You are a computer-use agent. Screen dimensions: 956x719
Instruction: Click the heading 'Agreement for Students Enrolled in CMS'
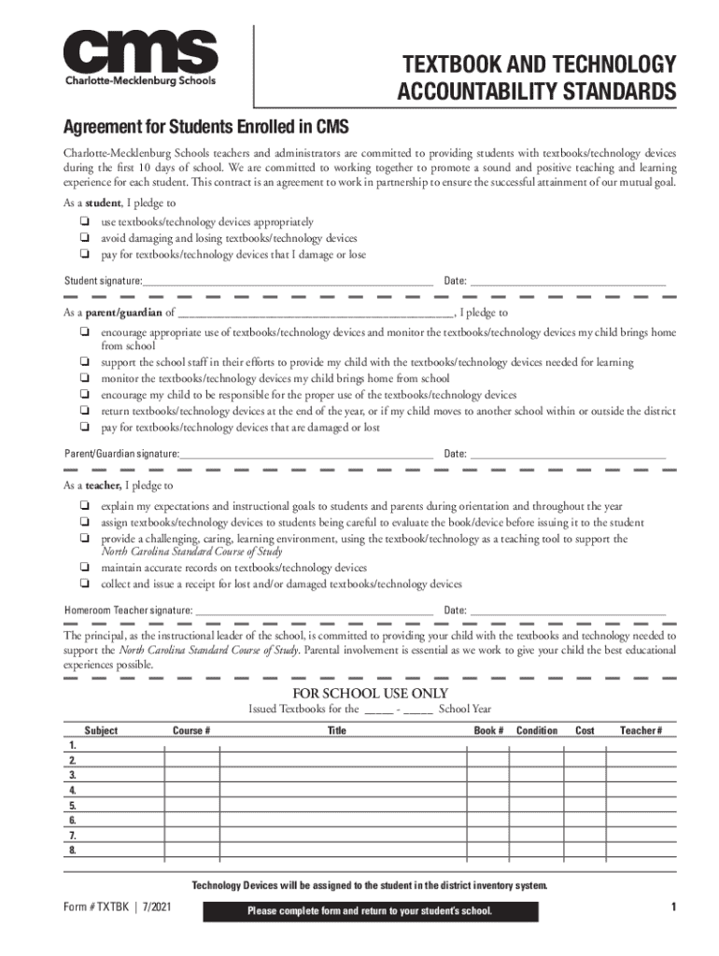(x=204, y=126)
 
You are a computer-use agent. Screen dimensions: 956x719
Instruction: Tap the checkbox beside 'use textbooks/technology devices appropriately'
(x=85, y=222)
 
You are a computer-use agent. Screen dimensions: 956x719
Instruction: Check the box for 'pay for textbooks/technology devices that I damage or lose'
(x=85, y=254)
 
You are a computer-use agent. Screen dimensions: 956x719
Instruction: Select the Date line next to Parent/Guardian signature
(x=568, y=454)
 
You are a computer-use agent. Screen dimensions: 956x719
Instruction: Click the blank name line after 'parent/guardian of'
(x=315, y=314)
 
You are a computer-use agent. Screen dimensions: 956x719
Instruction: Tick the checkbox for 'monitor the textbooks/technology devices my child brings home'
(x=85, y=378)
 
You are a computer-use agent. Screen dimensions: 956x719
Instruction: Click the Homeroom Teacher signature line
(x=314, y=611)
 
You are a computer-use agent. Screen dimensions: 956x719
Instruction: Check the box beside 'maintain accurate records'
(x=85, y=568)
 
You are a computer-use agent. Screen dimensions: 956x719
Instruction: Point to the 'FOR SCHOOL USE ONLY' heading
(x=371, y=693)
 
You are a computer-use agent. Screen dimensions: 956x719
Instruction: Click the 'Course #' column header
(x=190, y=730)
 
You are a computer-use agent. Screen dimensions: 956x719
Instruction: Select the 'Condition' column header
(x=537, y=730)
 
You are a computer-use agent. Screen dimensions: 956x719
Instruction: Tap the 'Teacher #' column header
(x=641, y=730)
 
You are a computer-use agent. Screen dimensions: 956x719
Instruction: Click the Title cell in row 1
(x=342, y=746)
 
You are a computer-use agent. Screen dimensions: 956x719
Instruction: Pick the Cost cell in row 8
(x=585, y=851)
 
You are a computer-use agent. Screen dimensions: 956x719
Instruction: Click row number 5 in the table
(x=73, y=806)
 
